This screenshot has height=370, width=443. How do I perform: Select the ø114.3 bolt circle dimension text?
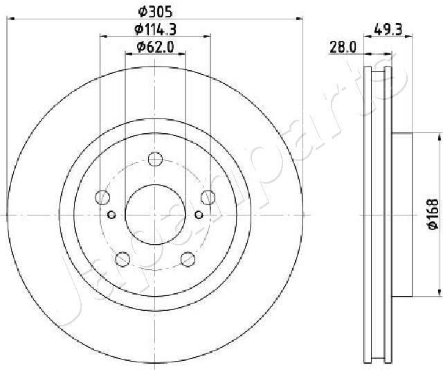[x=155, y=28]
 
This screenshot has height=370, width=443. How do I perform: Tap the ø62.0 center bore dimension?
[x=155, y=46]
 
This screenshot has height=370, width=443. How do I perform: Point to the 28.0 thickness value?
[x=342, y=46]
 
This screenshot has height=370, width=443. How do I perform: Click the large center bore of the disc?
[x=155, y=214]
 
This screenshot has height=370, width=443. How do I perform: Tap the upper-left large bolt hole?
[x=102, y=196]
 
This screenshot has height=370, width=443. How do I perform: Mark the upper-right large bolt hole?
[x=208, y=196]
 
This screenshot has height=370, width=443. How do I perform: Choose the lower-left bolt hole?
[x=123, y=258]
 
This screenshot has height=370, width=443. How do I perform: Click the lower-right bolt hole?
[x=188, y=258]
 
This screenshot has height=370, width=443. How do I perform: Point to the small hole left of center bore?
[x=111, y=214]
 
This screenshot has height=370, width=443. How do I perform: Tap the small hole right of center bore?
[x=199, y=214]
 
